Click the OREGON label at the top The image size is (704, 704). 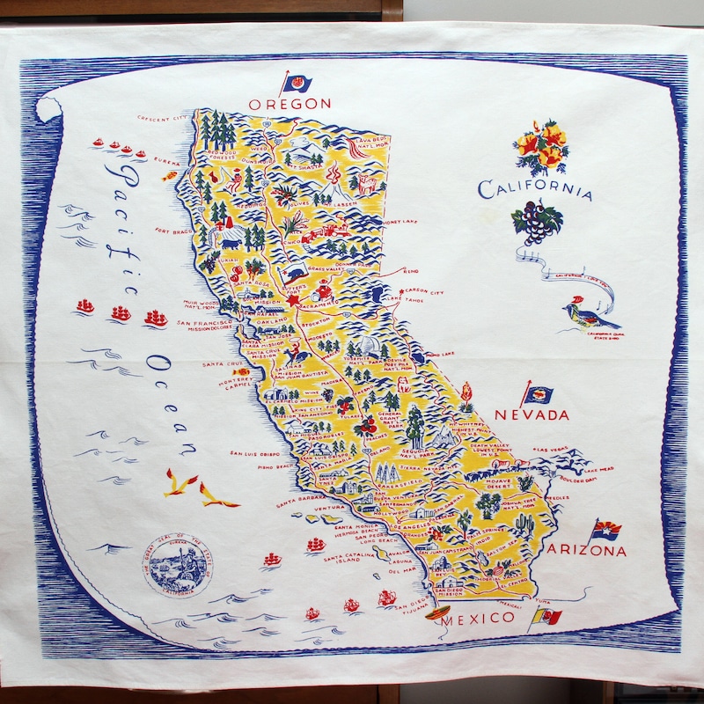(290, 104)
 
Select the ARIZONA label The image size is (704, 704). (587, 551)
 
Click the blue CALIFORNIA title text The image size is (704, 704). (534, 189)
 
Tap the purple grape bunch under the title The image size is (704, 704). (534, 223)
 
